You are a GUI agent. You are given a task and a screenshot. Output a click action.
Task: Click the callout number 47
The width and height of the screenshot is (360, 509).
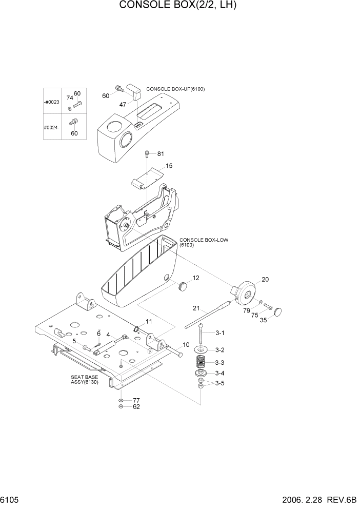(123, 104)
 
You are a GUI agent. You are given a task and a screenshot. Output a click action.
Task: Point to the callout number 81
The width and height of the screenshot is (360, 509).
(160, 154)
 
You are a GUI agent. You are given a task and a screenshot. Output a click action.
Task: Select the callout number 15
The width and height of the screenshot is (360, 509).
(169, 166)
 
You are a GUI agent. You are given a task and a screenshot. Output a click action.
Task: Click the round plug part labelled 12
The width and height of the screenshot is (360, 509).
(183, 286)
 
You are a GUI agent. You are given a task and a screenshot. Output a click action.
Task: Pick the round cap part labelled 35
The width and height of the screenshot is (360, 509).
(279, 311)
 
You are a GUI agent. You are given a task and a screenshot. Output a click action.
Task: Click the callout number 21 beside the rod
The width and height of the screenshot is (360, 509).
(196, 308)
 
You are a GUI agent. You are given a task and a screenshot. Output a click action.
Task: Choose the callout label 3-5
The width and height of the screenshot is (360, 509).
(219, 383)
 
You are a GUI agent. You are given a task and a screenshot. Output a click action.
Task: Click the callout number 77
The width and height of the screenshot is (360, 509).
(136, 400)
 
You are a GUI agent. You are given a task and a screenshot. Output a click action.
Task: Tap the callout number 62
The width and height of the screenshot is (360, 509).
(136, 407)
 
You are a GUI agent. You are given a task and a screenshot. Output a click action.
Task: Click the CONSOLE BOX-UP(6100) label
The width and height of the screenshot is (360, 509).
(175, 89)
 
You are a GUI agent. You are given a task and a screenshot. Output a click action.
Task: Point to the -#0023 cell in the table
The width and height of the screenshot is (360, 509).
(52, 102)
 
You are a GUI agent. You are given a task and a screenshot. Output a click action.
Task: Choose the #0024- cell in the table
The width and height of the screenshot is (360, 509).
(52, 127)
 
